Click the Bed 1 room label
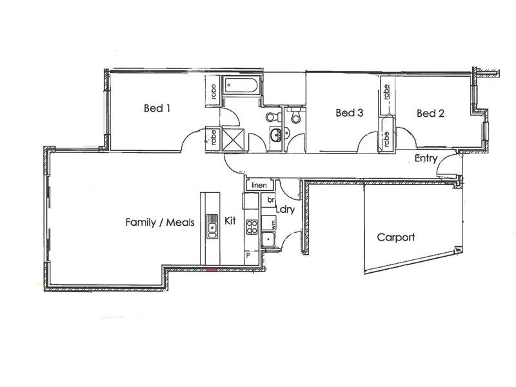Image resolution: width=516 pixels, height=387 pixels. point(157,108)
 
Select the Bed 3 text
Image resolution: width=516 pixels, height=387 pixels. point(350,114)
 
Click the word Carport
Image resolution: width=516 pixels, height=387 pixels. point(396,237)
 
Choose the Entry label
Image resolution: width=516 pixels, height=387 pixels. point(427,159)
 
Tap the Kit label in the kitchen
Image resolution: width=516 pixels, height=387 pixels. point(231,221)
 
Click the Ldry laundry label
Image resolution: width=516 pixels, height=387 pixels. point(285,210)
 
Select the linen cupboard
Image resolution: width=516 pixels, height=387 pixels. point(259,185)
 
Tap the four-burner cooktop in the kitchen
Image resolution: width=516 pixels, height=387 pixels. point(252,226)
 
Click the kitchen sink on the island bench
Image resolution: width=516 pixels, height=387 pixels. point(212,226)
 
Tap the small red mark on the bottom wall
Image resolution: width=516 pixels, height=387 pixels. point(211,270)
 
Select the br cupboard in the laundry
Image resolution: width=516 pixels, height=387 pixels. point(272,201)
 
